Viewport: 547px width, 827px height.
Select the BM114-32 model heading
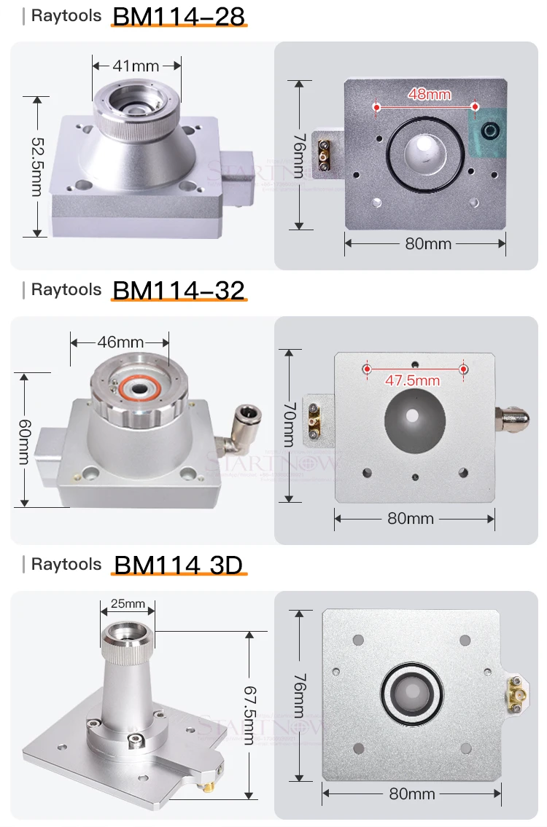179,290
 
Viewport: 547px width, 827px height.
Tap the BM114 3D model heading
178,565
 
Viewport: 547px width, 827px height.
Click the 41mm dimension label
136,66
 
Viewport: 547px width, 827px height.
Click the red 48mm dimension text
430,94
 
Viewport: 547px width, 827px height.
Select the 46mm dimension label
120,341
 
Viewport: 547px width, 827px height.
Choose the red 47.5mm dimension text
413,380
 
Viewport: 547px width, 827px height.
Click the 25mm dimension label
128,603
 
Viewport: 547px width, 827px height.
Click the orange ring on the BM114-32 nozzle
137,388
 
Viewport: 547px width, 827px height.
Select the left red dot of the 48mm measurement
377,107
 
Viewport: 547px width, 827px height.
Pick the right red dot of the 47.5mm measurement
463,369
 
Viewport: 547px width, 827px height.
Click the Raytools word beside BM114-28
66,16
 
